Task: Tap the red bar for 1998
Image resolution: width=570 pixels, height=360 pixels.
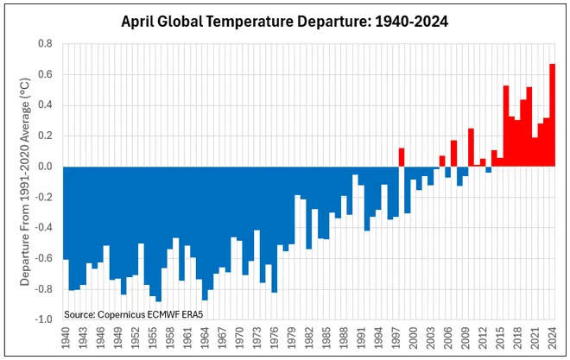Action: pyautogui.click(x=402, y=157)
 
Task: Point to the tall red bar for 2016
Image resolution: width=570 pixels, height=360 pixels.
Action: pyautogui.click(x=506, y=126)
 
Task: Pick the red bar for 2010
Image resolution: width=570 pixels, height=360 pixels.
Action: pyautogui.click(x=472, y=148)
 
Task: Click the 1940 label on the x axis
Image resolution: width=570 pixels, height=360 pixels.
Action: pyautogui.click(x=66, y=337)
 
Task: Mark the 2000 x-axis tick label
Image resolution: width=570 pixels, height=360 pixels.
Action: pyautogui.click(x=414, y=337)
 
